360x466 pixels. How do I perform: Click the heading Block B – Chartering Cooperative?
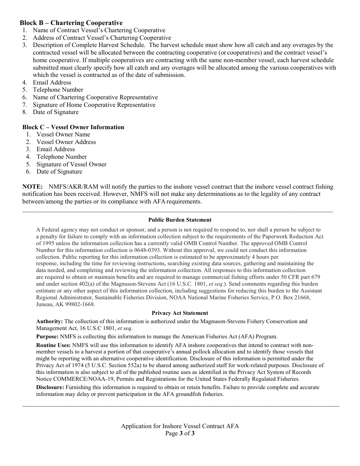(x=71, y=23)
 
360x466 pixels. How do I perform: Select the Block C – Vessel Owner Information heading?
(x=73, y=127)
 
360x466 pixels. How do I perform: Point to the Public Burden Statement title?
(x=180, y=220)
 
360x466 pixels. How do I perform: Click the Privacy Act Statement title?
(x=180, y=313)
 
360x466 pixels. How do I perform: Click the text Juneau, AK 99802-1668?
(x=66, y=304)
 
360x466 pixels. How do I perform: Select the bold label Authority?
(x=49, y=321)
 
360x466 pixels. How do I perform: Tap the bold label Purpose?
(x=47, y=336)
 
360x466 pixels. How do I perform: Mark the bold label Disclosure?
(x=50, y=387)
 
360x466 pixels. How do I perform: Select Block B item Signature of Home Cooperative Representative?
(x=94, y=105)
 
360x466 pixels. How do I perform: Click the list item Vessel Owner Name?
(x=63, y=134)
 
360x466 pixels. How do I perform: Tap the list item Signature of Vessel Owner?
(x=71, y=164)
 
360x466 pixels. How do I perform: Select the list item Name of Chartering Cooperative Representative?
(x=95, y=97)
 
